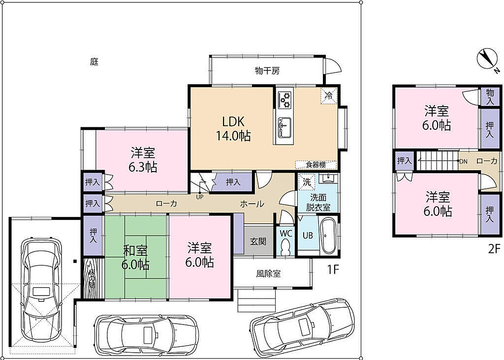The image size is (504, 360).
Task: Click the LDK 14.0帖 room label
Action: click(x=233, y=129)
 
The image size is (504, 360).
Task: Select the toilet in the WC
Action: click(x=285, y=248)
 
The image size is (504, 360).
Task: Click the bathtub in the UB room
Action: click(x=328, y=235)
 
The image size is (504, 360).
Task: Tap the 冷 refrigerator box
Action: click(x=328, y=95)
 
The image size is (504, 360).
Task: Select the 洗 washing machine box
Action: click(x=307, y=182)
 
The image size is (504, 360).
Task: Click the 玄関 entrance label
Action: click(x=258, y=241)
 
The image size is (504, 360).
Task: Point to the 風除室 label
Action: click(x=268, y=273)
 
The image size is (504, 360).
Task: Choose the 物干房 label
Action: click(x=267, y=71)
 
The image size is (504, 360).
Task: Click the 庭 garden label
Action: click(x=94, y=61)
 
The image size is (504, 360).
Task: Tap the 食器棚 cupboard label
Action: click(x=315, y=165)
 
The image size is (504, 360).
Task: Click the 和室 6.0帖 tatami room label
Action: click(x=135, y=258)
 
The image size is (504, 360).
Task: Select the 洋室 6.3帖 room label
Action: click(x=143, y=160)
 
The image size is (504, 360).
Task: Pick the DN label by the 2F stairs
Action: click(x=464, y=161)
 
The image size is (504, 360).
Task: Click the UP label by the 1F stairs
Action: click(x=200, y=197)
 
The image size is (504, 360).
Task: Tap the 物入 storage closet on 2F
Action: click(x=490, y=96)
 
